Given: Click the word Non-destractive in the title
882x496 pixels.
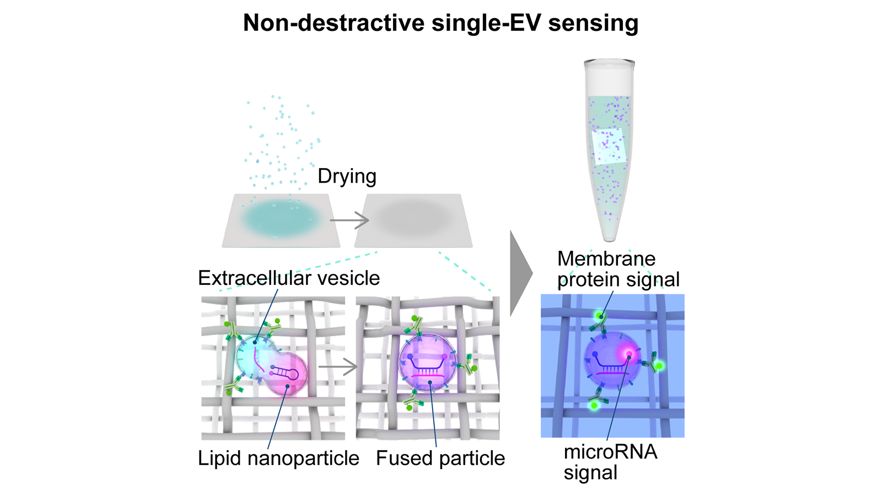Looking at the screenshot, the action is coord(334,23).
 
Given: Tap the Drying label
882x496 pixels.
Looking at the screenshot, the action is coord(347,176).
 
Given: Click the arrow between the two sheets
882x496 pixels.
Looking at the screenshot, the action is coord(349,220).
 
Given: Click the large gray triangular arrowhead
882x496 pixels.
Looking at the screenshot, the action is coord(521,273).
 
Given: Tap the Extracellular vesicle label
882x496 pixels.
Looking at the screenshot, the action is coord(289,278).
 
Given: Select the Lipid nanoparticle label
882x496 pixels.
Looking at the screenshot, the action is coord(278,458).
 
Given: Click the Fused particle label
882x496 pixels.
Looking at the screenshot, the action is coord(440,458).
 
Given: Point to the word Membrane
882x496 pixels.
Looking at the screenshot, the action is coord(606,258).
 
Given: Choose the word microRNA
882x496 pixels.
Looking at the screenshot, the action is coord(610,452).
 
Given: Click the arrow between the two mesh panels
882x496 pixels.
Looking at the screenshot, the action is coord(337,367).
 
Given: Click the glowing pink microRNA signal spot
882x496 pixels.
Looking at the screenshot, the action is coord(629,353).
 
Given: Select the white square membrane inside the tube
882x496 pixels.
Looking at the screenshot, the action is coord(609,146).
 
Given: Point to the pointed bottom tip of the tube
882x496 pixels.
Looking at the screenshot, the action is coord(610,240).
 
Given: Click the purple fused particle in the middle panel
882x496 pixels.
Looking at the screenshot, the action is coord(428,363).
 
